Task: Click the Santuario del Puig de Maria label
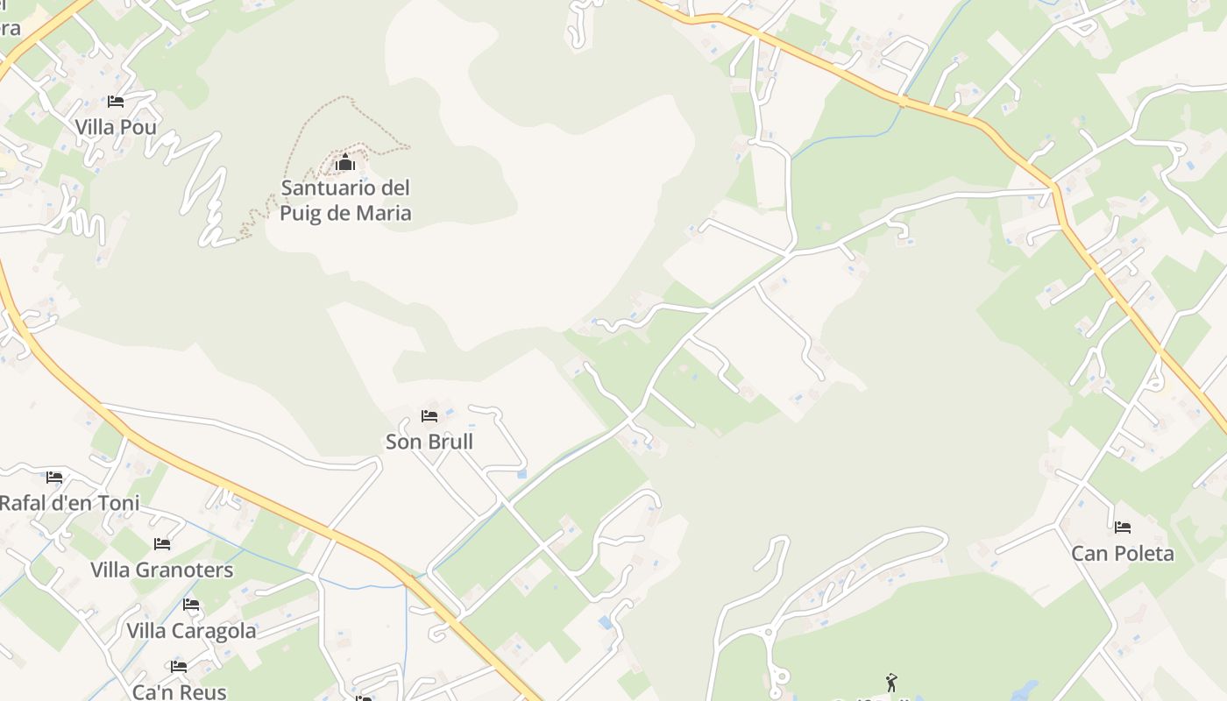click(x=345, y=200)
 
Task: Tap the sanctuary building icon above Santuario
click(x=345, y=163)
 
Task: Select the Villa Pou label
click(x=116, y=127)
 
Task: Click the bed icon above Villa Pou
click(x=116, y=102)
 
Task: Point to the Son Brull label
click(x=429, y=442)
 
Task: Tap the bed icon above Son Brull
click(x=429, y=415)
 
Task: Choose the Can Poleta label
click(x=1123, y=554)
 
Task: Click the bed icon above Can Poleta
click(x=1123, y=528)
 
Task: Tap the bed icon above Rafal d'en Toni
click(x=54, y=478)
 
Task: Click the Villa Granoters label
click(x=162, y=570)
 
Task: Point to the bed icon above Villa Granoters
click(x=162, y=544)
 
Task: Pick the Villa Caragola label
click(x=191, y=631)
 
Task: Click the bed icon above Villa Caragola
click(x=191, y=605)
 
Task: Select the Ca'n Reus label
click(x=179, y=691)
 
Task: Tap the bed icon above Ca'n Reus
click(x=179, y=666)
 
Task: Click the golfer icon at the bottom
click(x=891, y=682)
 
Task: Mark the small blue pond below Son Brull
click(x=522, y=474)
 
